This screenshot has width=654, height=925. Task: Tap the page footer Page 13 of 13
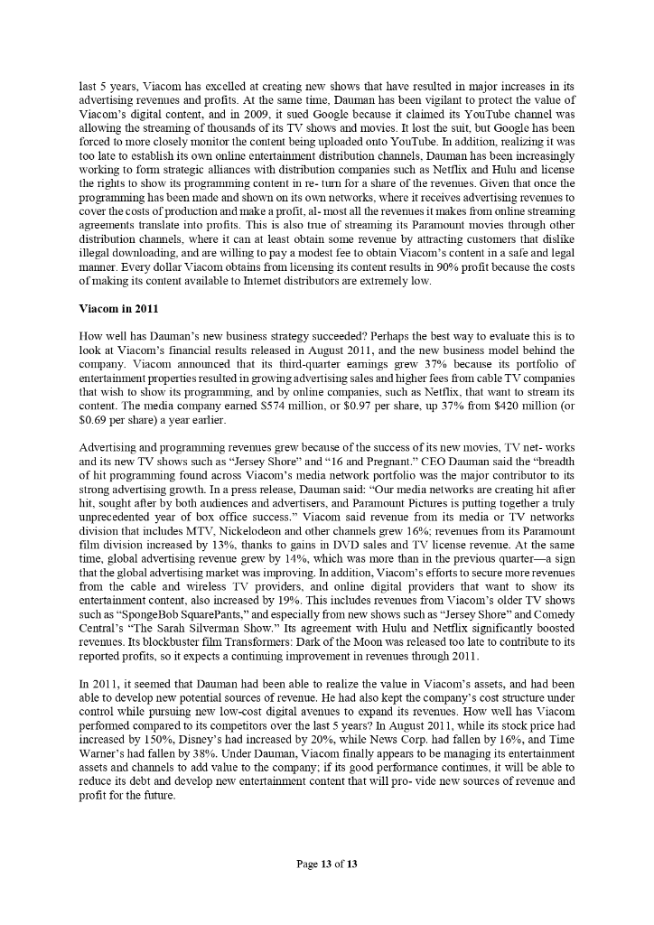(x=327, y=864)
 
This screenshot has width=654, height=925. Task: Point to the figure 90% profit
(x=434, y=268)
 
